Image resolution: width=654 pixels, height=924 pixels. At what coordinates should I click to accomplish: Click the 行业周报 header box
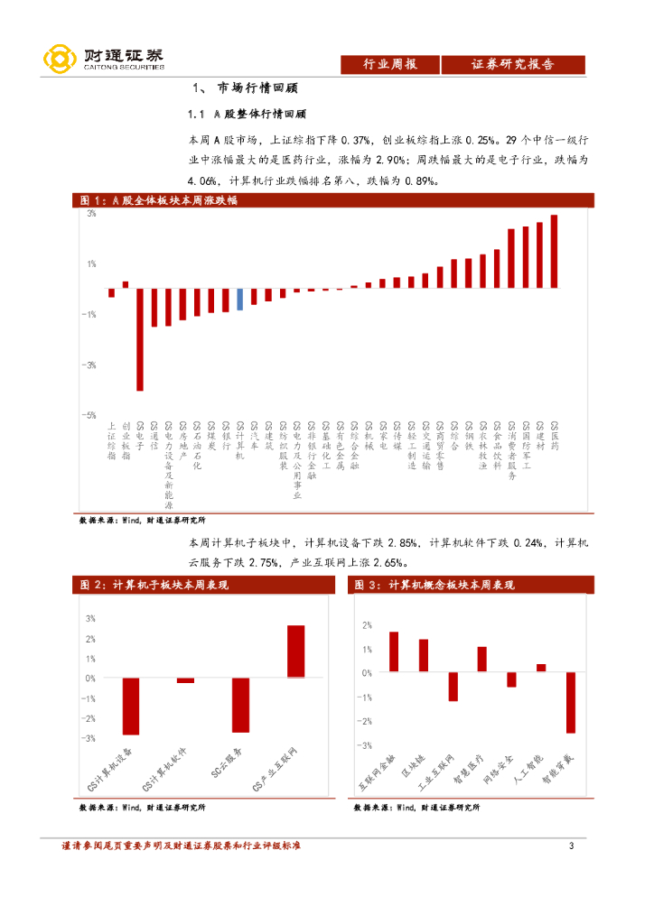(390, 64)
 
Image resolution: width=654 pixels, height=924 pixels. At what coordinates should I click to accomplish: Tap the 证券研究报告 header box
(513, 64)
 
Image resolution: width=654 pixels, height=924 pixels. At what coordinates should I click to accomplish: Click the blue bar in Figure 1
(239, 299)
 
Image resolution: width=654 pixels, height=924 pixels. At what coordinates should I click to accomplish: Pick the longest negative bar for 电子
(140, 338)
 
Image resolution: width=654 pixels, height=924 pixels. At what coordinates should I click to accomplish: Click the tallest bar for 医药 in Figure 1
(554, 251)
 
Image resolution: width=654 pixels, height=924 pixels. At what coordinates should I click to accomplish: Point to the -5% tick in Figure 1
(90, 415)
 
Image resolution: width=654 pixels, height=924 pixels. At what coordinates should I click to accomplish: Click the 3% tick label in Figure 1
(91, 214)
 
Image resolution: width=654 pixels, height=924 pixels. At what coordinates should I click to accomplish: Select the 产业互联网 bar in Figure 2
(296, 651)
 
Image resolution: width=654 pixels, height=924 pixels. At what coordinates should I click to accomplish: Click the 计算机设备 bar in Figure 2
(131, 706)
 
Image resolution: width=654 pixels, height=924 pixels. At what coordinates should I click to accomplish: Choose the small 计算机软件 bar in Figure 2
(185, 680)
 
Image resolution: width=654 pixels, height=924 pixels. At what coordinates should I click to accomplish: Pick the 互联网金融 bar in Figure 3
(394, 651)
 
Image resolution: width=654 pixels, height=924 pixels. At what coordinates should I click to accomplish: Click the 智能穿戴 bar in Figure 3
(571, 702)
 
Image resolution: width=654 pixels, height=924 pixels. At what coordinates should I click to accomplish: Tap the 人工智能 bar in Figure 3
(541, 668)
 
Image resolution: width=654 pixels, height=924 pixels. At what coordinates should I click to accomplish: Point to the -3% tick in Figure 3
(366, 746)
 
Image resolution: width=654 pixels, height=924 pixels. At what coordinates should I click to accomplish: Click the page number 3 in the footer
(571, 845)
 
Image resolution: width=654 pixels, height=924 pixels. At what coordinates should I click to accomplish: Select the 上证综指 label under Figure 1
(111, 440)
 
